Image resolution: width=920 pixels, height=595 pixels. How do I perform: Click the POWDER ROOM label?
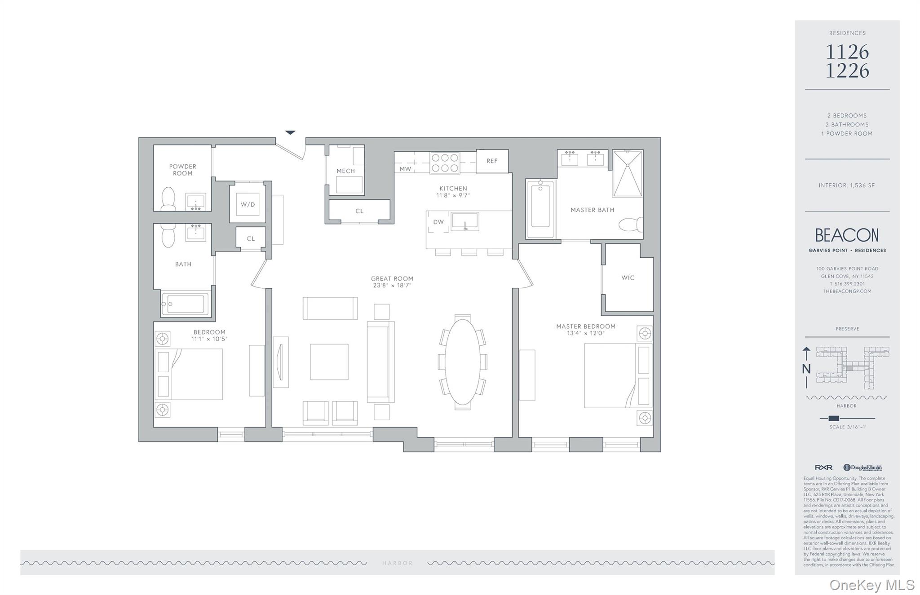coord(182,170)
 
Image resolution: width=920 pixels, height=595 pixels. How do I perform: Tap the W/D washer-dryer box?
coord(248,204)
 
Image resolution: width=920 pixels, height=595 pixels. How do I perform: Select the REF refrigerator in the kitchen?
coord(492,161)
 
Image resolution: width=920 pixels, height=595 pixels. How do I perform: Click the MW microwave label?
coord(405,169)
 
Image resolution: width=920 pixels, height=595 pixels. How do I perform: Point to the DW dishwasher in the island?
coord(438,222)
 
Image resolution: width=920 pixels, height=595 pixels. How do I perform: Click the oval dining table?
coord(462,361)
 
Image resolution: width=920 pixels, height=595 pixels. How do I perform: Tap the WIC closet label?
coord(628,278)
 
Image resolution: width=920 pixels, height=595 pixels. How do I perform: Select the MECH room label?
coord(345,171)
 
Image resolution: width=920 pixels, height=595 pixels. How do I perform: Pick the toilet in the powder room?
coord(168,199)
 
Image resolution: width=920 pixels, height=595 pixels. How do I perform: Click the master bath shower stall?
coord(628,174)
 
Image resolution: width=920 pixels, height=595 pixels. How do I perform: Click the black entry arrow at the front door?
coord(290,132)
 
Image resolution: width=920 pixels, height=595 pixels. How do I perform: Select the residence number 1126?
coord(847,53)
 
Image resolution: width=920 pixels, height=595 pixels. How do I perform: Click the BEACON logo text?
coord(847,235)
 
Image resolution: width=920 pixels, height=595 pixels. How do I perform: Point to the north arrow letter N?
coord(806,369)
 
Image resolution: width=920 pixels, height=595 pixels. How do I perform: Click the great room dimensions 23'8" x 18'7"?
coord(392,285)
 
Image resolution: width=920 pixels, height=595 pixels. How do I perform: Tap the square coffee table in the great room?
coord(329,362)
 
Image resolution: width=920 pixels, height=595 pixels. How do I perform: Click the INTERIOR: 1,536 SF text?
coord(847,185)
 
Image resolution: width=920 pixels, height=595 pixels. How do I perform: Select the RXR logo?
coord(823,467)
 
